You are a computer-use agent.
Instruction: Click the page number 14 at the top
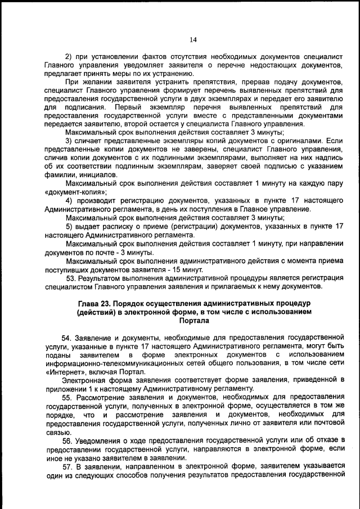[x=193, y=39]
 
